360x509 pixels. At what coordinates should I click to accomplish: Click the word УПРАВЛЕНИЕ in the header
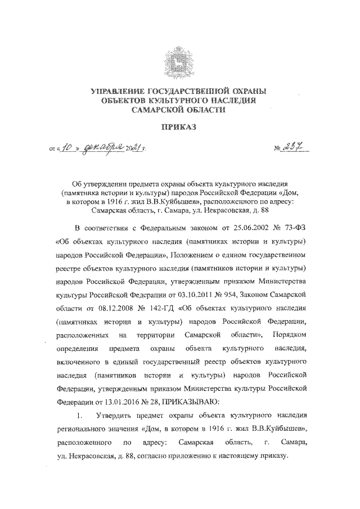[118, 91]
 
